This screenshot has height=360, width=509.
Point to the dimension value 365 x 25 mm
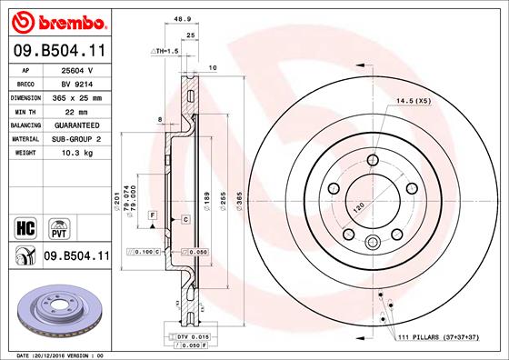(x=78, y=95)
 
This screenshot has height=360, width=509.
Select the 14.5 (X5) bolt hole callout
(x=414, y=101)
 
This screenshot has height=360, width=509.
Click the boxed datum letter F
(x=153, y=213)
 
